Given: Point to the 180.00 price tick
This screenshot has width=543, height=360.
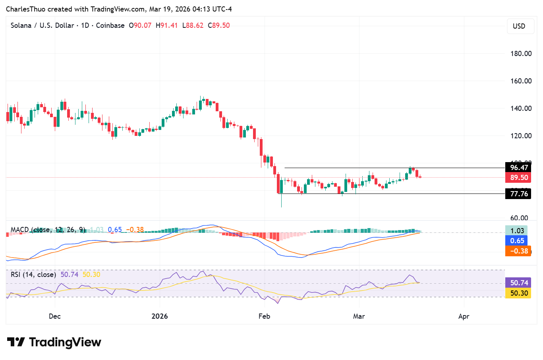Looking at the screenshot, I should tap(521, 54).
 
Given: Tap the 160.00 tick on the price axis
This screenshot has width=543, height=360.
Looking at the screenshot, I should tap(521, 81).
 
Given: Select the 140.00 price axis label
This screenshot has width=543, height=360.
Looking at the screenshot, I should tap(521, 108).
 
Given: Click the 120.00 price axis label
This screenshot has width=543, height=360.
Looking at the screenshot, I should tap(521, 136).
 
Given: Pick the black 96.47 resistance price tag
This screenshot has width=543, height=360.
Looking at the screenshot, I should tap(518, 168).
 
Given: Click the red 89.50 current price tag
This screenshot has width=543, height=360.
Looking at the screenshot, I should tap(518, 178).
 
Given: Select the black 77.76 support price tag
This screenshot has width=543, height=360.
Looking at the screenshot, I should tap(518, 194).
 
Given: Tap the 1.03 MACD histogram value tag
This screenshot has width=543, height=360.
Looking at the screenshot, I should tap(517, 231).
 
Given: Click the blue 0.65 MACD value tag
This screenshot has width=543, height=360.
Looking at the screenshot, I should tap(517, 241).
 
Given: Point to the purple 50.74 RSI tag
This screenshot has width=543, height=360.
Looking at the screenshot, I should tap(518, 283).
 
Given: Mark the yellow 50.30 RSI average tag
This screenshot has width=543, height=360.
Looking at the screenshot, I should tap(518, 293).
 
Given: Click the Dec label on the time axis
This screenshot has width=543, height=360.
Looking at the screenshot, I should tap(55, 316).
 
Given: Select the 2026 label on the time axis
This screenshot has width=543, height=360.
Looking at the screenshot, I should tap(160, 316).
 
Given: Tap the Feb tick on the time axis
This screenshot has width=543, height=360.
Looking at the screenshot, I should tap(264, 316).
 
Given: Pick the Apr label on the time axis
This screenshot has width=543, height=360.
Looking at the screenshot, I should tap(464, 316).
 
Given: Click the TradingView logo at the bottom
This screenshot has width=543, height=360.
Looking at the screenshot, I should tap(54, 342).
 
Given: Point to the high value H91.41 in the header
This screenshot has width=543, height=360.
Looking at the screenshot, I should tap(166, 25).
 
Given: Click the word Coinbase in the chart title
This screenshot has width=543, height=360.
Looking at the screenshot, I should tap(110, 25).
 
